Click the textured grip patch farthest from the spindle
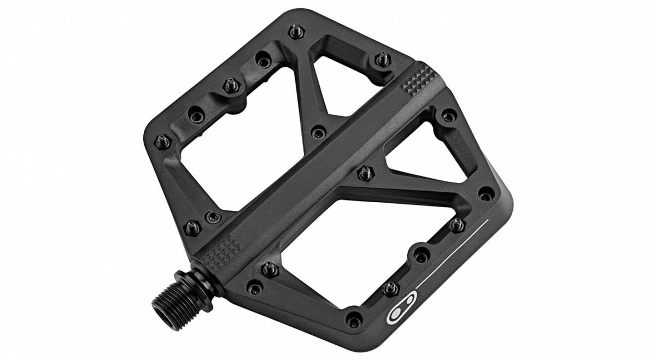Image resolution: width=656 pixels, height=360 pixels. click(418, 80)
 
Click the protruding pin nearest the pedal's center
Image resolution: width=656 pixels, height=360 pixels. click(362, 174)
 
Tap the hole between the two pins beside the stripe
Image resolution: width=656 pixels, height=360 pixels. click(421, 252)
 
